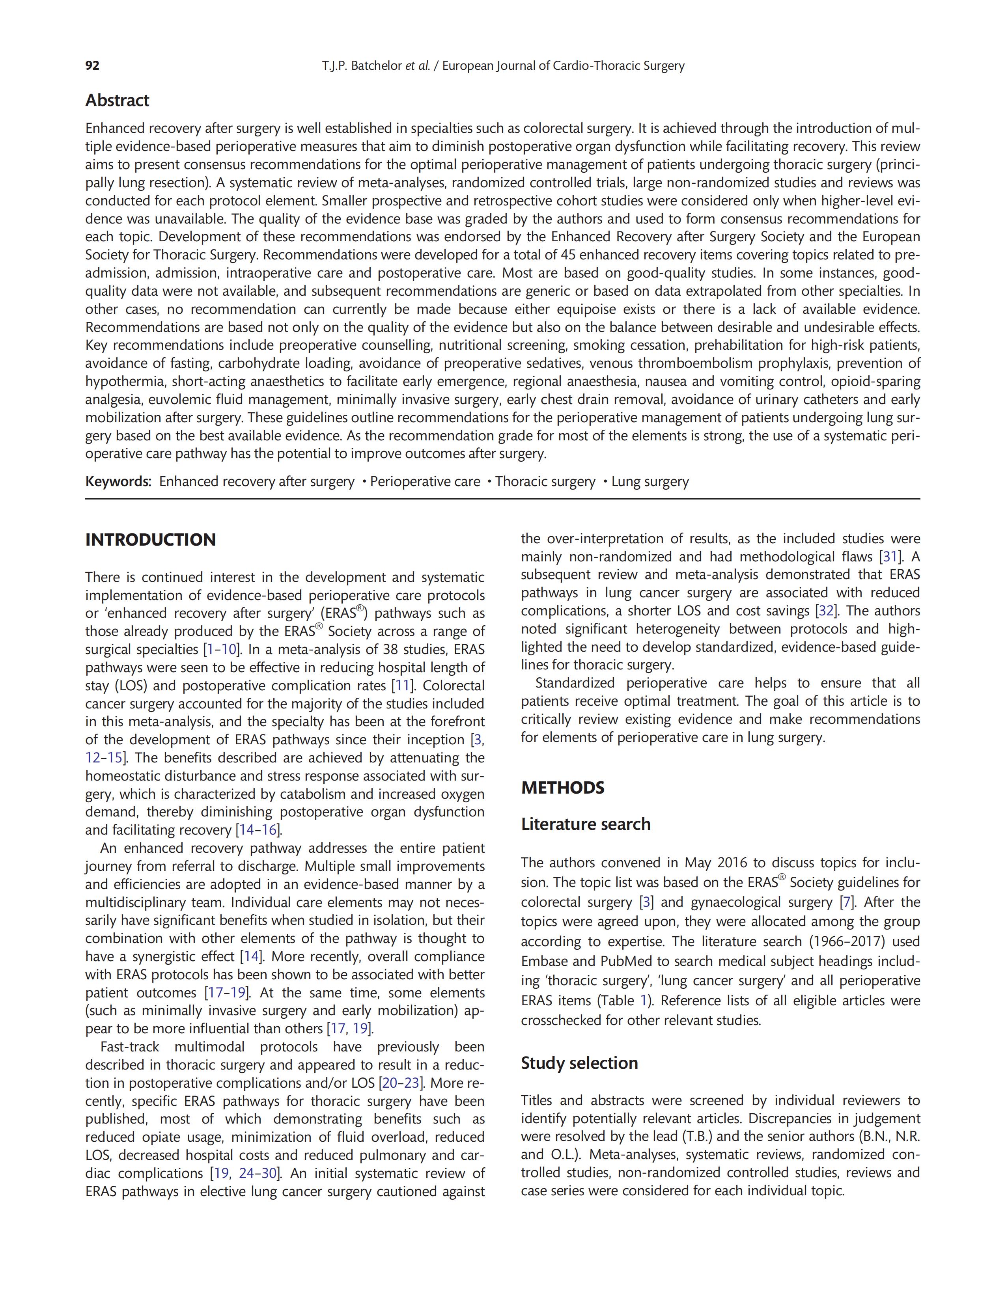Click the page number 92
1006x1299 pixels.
(x=92, y=66)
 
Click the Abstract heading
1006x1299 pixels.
(x=117, y=101)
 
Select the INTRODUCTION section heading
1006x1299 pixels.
(x=151, y=540)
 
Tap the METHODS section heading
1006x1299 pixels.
(x=563, y=788)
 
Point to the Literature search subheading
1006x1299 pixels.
(x=585, y=824)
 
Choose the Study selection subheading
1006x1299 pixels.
(x=579, y=1063)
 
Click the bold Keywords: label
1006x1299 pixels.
(x=118, y=482)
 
